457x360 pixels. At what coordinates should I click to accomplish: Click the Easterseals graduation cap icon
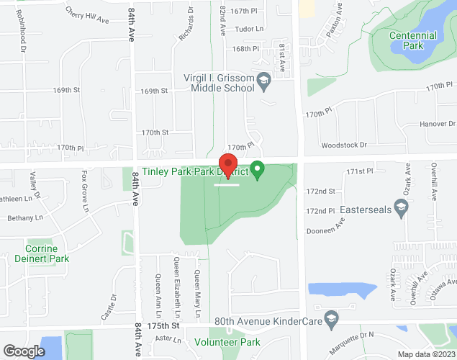(402, 207)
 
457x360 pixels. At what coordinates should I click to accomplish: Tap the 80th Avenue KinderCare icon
(331, 318)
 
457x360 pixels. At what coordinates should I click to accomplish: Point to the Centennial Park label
(412, 40)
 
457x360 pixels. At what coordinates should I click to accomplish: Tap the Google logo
(24, 351)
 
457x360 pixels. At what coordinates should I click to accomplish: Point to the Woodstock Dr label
(344, 145)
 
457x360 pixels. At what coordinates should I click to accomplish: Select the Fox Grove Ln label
(84, 191)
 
